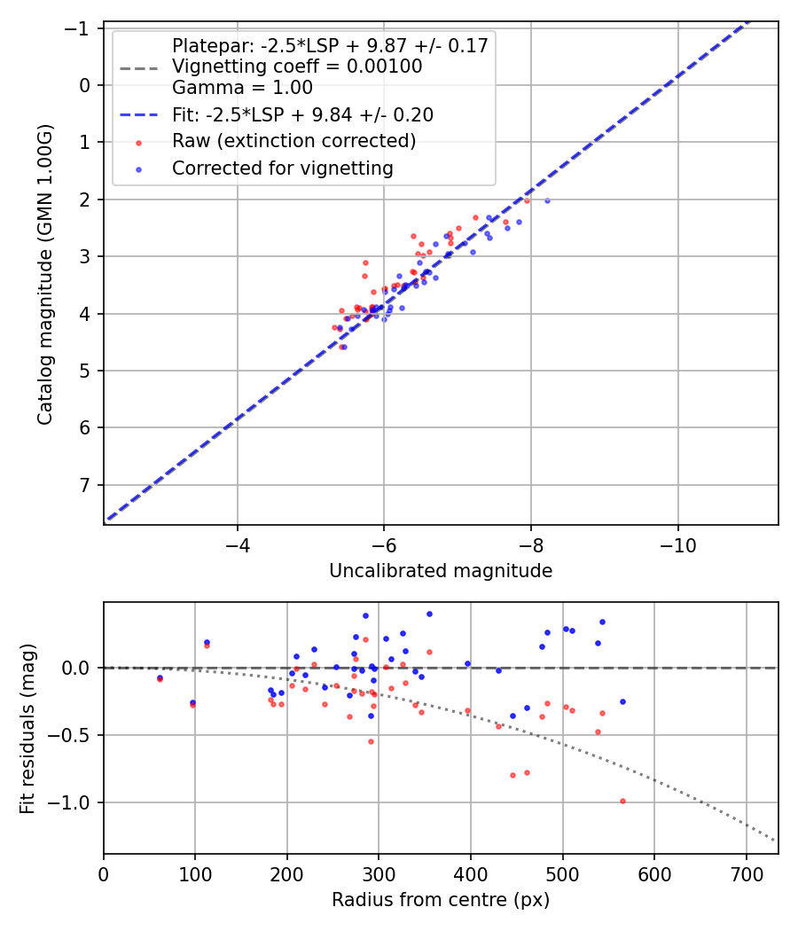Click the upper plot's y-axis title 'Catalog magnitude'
[45, 273]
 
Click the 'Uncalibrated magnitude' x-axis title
[441, 571]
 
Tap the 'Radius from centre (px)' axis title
[441, 900]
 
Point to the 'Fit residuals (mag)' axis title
[27, 728]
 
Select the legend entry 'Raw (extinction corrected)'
[293, 141]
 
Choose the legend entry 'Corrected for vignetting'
[282, 168]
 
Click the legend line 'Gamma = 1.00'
[242, 88]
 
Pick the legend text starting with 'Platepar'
[330, 46]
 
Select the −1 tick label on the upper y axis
[80, 28]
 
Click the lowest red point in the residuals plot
[622, 801]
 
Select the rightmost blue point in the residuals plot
[622, 701]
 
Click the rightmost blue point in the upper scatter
[547, 200]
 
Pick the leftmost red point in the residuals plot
[160, 679]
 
